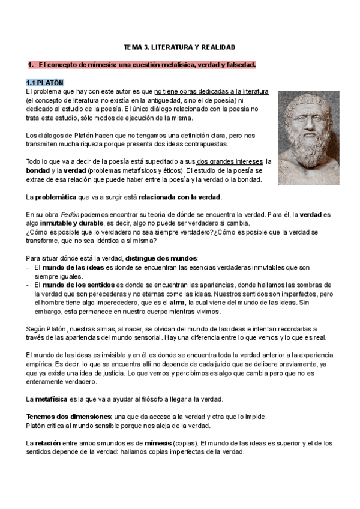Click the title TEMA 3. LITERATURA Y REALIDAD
click(x=179, y=46)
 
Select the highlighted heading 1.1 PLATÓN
click(x=45, y=82)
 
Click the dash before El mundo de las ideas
click(x=28, y=267)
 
